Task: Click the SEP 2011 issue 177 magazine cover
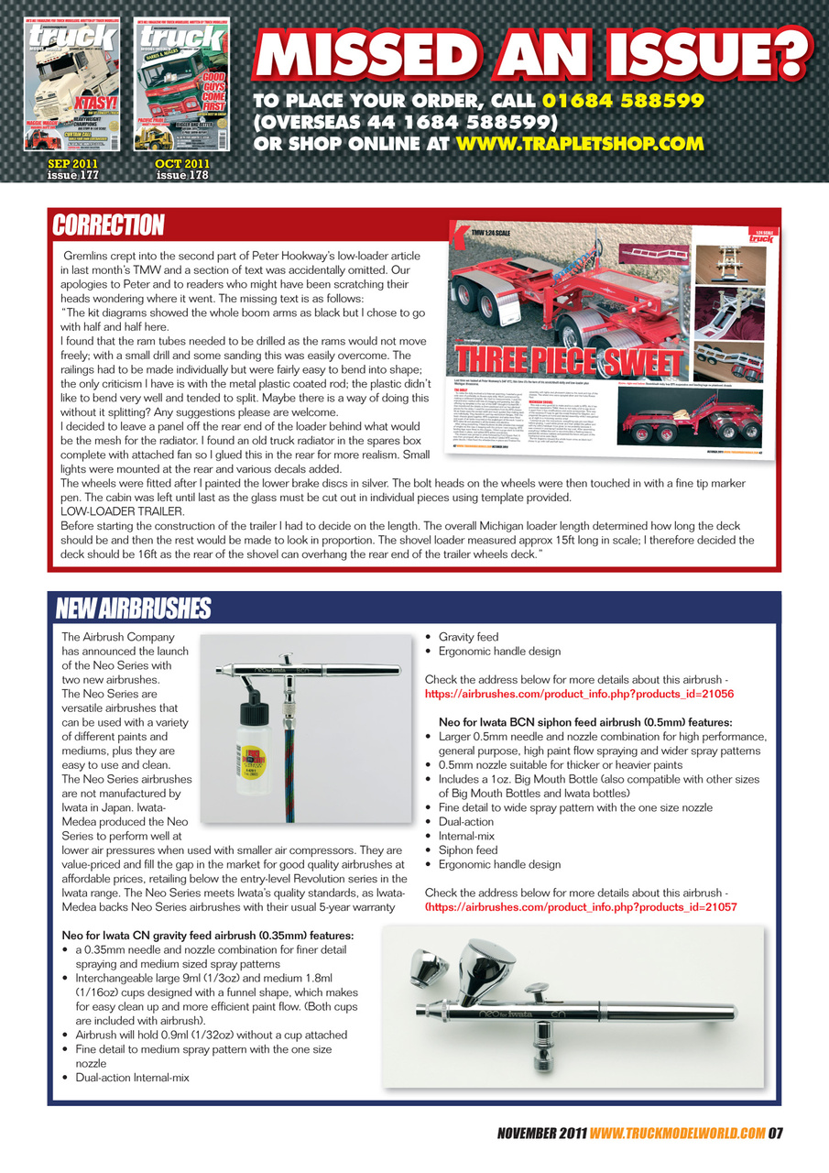[71, 87]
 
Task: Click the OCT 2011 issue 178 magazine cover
[182, 87]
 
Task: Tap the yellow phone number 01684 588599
[622, 100]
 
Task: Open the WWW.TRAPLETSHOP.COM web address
[579, 144]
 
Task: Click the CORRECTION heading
[108, 225]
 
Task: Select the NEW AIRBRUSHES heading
[133, 608]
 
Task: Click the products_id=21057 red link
[582, 906]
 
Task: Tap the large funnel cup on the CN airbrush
[489, 970]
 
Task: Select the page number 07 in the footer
[775, 1133]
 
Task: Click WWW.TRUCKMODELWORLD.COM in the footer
[678, 1133]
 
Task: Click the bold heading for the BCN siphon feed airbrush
[591, 722]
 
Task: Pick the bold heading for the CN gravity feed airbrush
[207, 936]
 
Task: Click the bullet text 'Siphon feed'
[468, 850]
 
